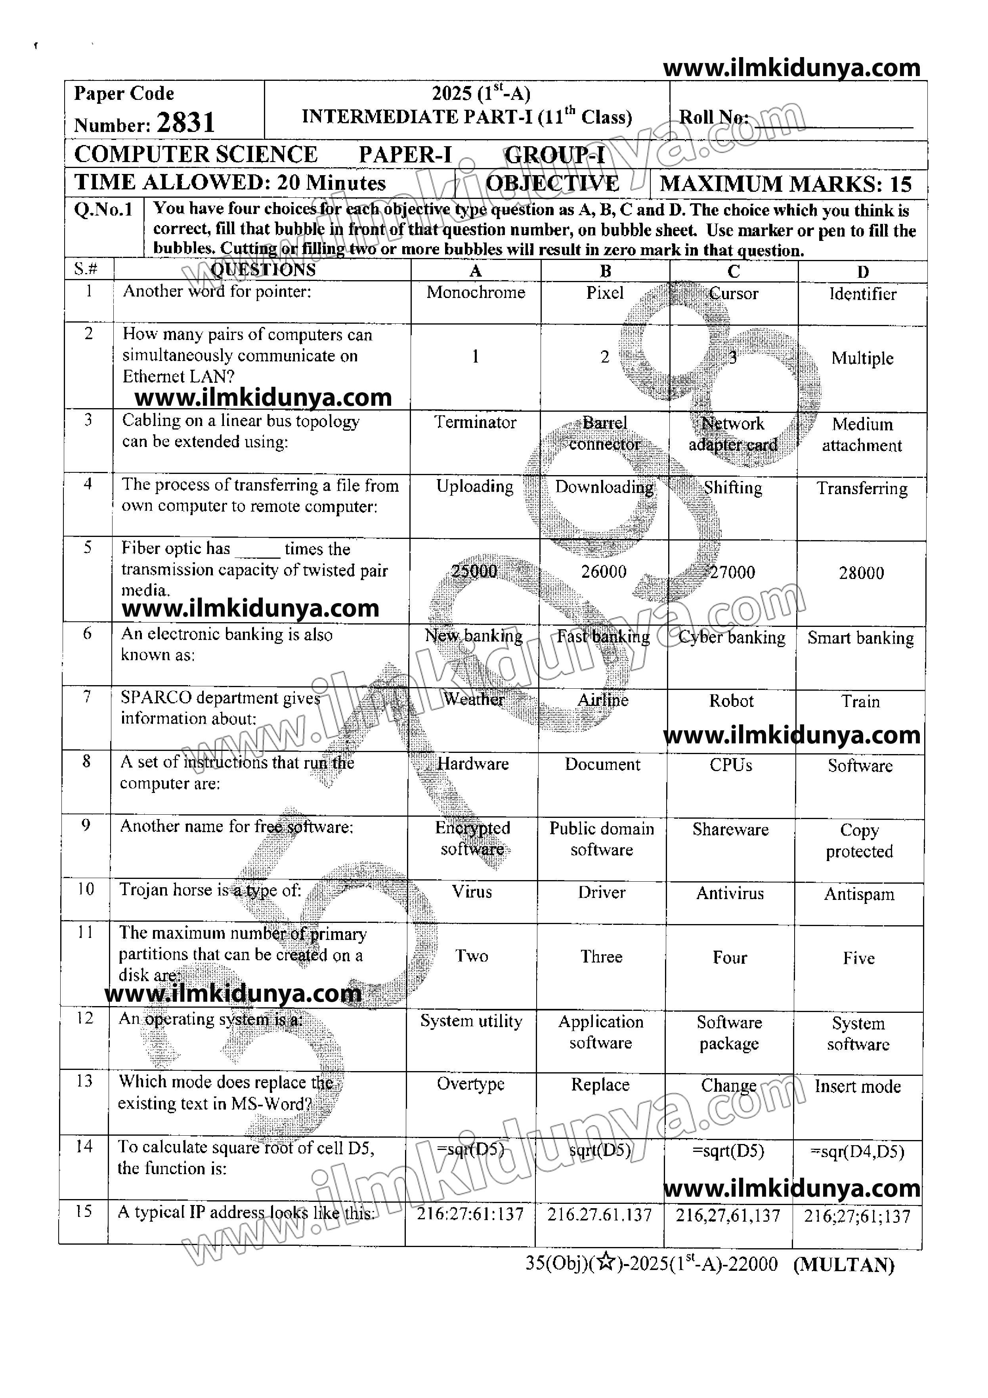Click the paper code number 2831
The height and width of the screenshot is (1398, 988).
coord(186,123)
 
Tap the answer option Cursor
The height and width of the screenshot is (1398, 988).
coord(734,294)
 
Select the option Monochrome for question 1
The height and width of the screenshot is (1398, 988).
coord(476,292)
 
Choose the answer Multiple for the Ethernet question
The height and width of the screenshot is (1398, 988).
coord(862,358)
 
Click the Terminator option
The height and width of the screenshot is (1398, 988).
coord(475,422)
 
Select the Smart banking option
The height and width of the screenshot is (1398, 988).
coord(861,638)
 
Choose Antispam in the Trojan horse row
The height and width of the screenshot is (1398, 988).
coord(859,894)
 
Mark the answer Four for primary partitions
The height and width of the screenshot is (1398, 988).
coord(730,958)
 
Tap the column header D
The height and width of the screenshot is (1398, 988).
coord(862,271)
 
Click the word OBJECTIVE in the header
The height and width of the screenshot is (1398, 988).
coord(552,183)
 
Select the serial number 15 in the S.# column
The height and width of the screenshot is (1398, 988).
coord(84,1212)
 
